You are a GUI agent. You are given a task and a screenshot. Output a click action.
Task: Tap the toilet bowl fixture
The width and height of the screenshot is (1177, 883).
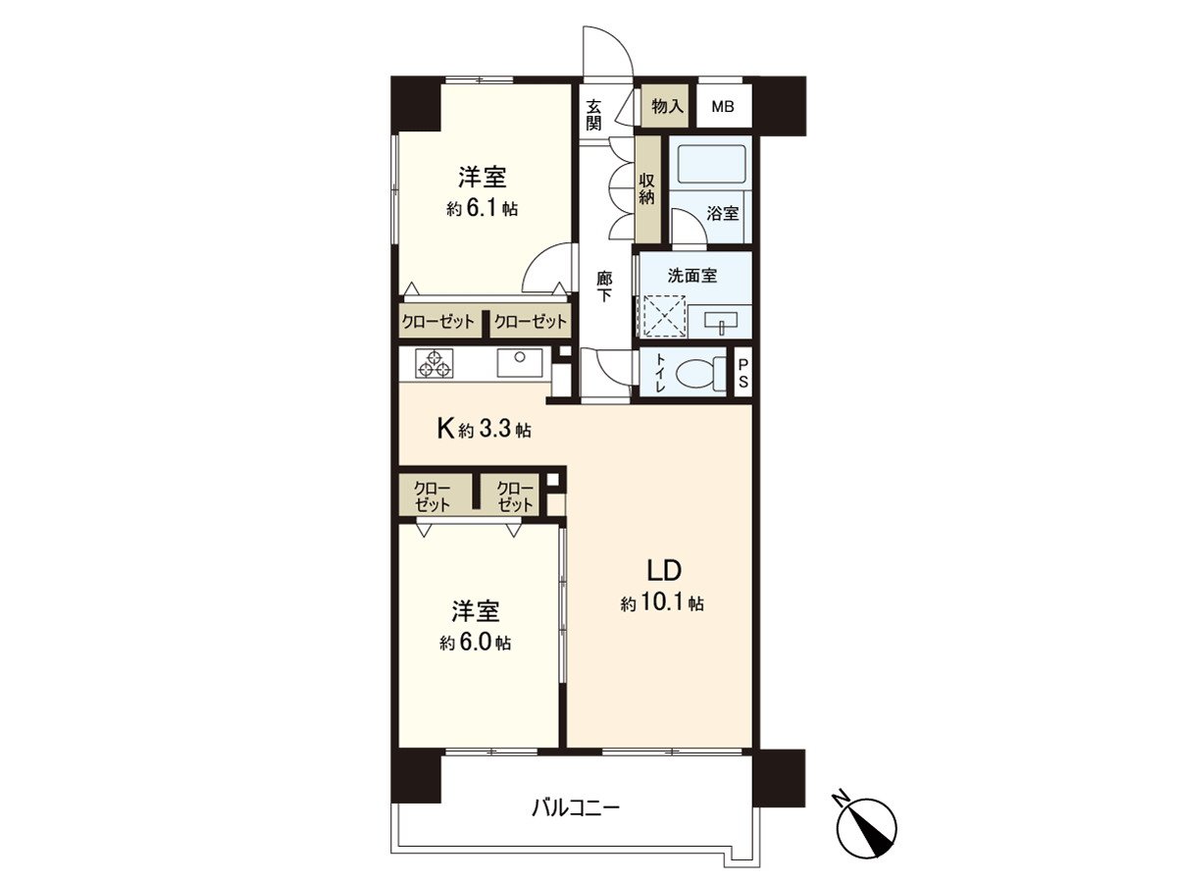698,373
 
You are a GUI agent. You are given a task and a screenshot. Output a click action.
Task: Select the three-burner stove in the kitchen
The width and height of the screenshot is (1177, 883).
435,364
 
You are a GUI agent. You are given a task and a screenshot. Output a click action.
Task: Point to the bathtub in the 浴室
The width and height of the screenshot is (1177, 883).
713,163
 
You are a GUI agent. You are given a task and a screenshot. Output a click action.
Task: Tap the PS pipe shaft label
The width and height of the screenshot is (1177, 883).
742,373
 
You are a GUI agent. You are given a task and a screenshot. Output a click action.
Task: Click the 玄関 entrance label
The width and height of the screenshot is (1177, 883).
594,114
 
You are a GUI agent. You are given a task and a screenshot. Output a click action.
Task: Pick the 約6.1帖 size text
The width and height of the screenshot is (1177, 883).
482,209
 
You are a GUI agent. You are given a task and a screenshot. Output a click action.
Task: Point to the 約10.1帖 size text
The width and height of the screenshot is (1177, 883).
662,603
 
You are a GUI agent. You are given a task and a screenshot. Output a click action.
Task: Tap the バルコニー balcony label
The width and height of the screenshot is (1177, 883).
576,808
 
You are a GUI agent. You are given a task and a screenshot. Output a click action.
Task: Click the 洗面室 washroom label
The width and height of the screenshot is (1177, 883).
692,277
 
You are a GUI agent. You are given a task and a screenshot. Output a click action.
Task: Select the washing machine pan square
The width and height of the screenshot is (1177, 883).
662,316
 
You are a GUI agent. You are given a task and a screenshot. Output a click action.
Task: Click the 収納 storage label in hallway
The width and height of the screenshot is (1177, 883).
647,188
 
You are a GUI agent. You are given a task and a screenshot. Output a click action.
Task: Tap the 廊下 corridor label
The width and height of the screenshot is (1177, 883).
605,286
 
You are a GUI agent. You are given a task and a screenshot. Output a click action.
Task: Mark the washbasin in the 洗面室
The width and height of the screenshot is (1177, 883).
719,320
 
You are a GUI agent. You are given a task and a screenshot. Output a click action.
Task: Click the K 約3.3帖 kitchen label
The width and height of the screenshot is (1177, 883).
484,429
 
